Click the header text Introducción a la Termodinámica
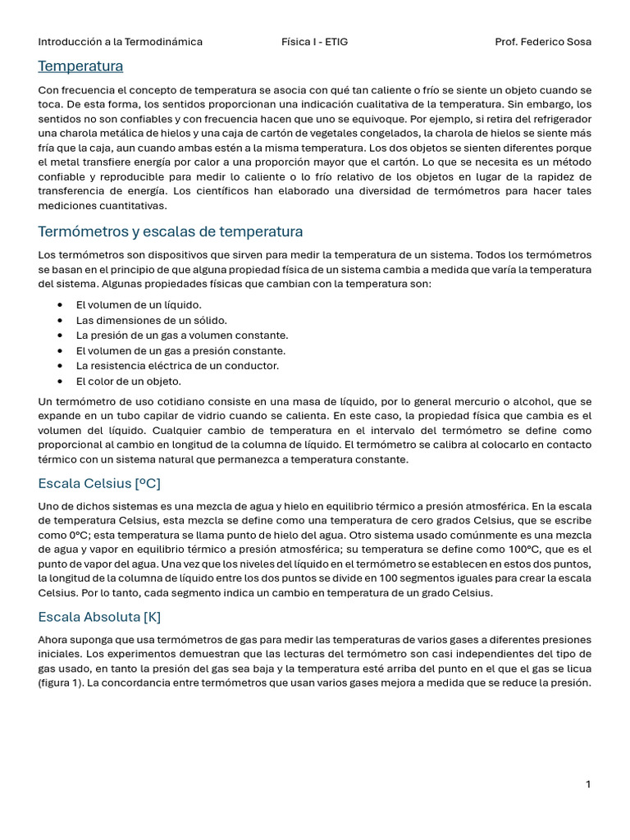121,42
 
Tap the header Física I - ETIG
314,42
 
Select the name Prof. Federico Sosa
543,42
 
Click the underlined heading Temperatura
80,66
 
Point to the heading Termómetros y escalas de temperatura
171,231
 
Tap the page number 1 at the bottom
588,784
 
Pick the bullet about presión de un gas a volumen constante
182,336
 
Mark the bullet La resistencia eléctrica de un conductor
177,366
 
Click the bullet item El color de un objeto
129,381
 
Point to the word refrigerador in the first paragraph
559,119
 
